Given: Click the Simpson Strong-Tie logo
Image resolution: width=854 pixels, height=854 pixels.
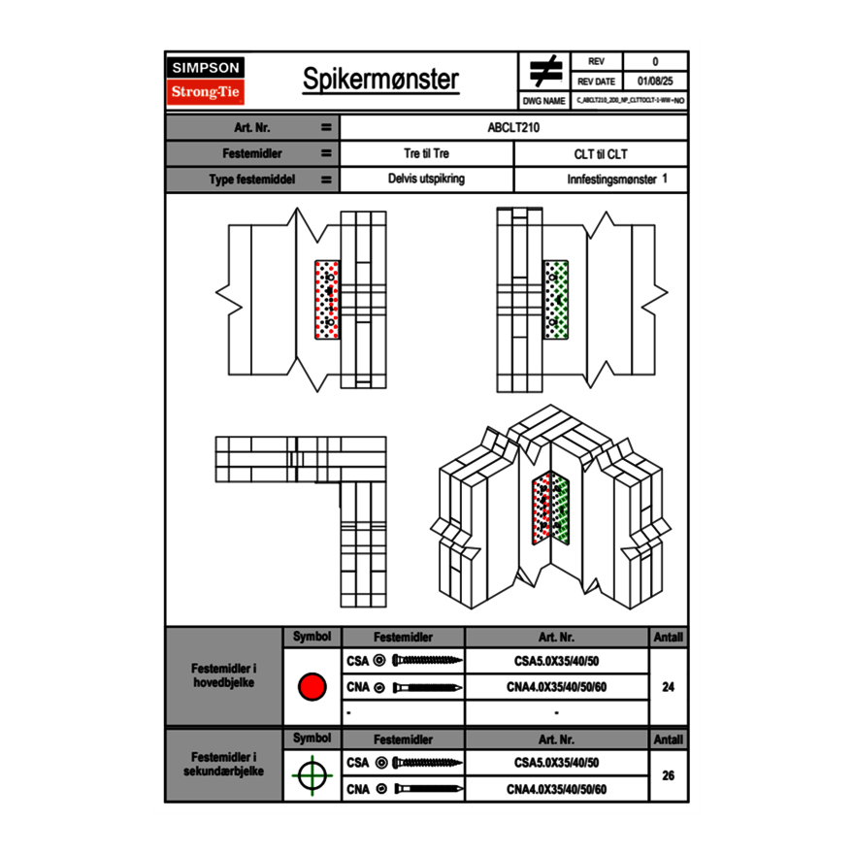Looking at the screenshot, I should [207, 81].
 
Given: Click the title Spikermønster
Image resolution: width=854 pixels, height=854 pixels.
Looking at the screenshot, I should [380, 80].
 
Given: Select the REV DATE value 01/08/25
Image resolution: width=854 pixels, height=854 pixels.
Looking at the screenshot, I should [655, 82].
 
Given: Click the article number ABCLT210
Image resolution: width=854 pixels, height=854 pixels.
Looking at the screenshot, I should [513, 127].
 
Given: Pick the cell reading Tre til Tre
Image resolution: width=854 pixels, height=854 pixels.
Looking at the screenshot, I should [426, 153].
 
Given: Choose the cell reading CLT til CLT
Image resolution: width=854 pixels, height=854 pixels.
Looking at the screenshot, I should [601, 153].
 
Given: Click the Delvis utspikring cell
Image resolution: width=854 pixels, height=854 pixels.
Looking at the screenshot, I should [426, 180].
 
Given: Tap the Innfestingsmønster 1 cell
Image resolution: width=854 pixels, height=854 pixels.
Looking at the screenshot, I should [601, 180].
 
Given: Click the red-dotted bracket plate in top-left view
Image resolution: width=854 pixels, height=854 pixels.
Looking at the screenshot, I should [328, 299].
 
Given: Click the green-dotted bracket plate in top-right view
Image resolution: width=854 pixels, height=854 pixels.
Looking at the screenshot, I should [555, 299].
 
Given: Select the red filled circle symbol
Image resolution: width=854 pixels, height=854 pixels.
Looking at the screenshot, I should [312, 687].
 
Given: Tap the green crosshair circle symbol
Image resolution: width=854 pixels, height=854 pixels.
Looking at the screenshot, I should [312, 775].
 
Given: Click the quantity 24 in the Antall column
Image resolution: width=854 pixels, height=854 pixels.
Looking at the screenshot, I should [668, 687].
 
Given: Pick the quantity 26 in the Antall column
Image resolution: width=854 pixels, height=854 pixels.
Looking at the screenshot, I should [668, 775].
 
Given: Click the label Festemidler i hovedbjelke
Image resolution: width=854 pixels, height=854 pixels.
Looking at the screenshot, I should [224, 676].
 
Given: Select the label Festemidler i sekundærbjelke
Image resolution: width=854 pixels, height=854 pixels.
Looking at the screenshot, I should [224, 764].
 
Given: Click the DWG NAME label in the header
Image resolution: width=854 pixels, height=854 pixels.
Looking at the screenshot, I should [543, 100].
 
